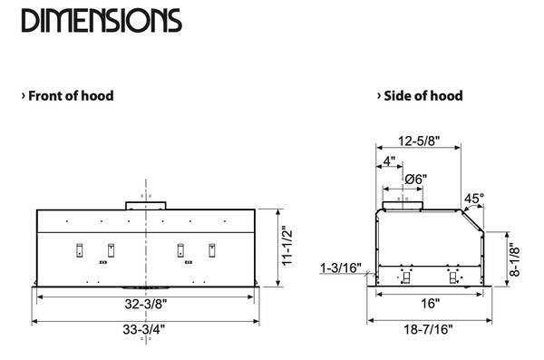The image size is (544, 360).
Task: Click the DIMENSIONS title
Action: pyautogui.click(x=102, y=21)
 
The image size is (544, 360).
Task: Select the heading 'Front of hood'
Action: pyautogui.click(x=71, y=96)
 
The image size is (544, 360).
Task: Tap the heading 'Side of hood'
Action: pyautogui.click(x=423, y=96)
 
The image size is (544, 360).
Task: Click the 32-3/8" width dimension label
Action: pyautogui.click(x=146, y=304)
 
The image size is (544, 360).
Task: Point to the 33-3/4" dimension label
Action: pyautogui.click(x=144, y=329)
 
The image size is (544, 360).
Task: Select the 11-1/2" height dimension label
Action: pyautogui.click(x=287, y=246)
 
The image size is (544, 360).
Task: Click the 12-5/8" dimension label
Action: pyautogui.click(x=419, y=141)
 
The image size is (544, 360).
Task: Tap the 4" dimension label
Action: pyautogui.click(x=389, y=161)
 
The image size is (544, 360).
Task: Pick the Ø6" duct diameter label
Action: pyautogui.click(x=416, y=180)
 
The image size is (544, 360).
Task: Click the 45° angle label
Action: pyautogui.click(x=474, y=199)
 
